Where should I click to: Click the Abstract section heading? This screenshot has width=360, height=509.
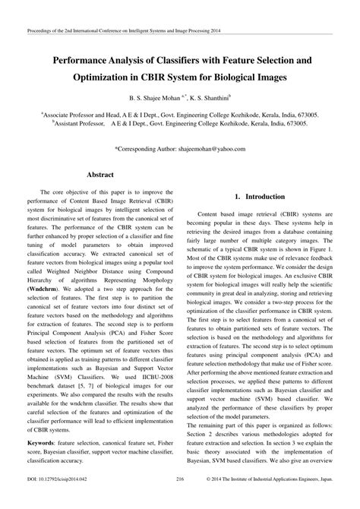100,175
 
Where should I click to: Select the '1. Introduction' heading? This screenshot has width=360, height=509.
258,196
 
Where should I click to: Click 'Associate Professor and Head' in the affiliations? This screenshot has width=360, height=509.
92,112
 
